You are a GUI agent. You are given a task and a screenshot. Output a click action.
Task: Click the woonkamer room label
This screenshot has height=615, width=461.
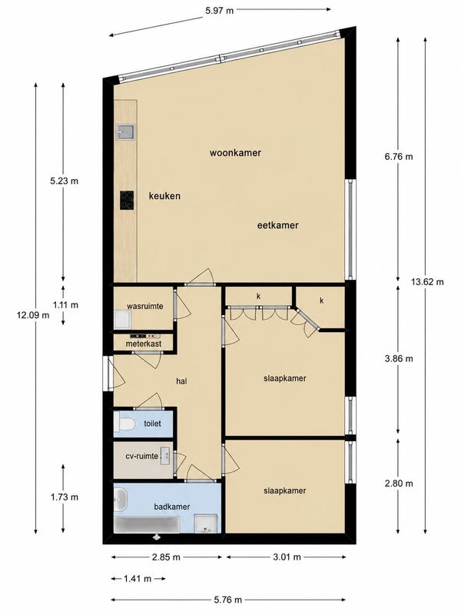coord(235,152)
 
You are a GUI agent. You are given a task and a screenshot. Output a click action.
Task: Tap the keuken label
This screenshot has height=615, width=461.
coord(164,196)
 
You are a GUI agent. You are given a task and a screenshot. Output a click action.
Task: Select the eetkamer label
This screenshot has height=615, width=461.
coord(278,225)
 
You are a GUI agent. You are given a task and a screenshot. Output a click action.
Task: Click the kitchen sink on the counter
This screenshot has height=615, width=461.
coord(125,132)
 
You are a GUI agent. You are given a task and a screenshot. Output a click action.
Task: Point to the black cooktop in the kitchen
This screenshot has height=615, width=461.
coord(127,201)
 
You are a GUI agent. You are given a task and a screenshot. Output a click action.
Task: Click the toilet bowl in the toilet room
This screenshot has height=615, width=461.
coord(124,424)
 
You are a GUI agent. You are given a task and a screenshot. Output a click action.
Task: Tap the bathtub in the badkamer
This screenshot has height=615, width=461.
coord(147,525)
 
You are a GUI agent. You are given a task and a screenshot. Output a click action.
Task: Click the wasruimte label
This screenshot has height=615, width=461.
coord(145,306)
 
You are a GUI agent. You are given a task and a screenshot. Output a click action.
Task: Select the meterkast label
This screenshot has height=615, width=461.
coord(144,344)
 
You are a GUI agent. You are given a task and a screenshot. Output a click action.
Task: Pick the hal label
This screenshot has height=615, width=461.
coord(181,381)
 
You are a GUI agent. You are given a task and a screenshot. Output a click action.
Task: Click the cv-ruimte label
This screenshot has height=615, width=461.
coord(142,456)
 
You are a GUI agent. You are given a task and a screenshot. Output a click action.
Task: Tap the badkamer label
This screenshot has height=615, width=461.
coord(171,507)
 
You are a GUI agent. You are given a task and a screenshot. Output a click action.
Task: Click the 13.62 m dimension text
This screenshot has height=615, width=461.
coord(428,281)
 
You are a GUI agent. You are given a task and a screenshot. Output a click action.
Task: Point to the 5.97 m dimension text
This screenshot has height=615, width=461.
coord(220,11)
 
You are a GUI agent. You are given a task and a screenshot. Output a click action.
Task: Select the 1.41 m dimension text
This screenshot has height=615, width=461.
coord(138,579)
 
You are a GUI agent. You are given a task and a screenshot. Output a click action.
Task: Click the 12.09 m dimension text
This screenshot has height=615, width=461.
coord(33,314)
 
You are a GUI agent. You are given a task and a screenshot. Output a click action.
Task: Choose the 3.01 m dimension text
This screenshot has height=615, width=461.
coord(287,557)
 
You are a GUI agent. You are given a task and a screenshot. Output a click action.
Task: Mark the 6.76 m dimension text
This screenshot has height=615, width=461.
coord(399,157)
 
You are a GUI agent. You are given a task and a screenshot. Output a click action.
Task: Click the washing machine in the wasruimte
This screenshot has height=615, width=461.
coord(123,320)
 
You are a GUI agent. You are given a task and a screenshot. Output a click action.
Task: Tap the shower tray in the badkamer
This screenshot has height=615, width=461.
coord(206,524)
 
